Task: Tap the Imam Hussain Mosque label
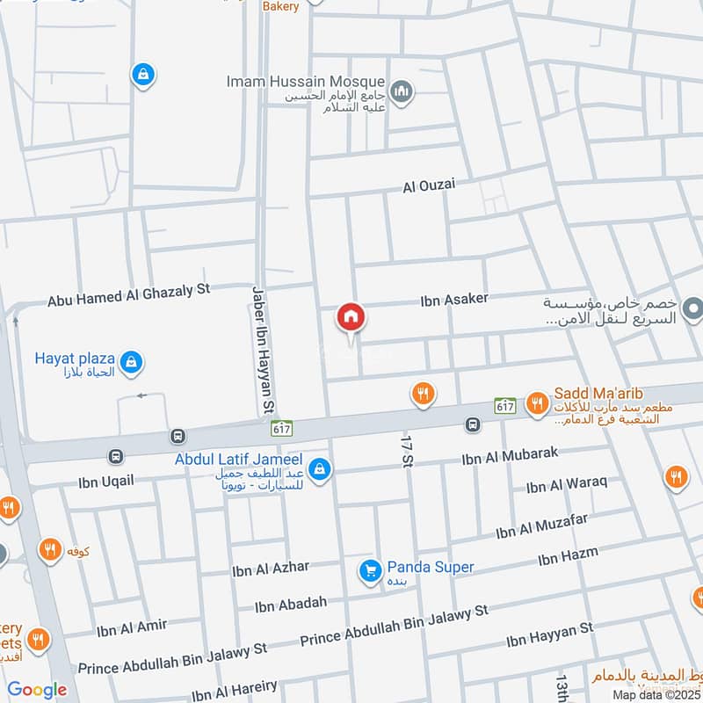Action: click(304, 81)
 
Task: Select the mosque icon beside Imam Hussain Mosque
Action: click(402, 91)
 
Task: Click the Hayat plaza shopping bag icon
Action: click(131, 361)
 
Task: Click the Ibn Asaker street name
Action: click(454, 300)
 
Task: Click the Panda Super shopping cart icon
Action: click(370, 571)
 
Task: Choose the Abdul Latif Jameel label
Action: click(238, 460)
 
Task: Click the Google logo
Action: click(37, 691)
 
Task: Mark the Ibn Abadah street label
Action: click(291, 604)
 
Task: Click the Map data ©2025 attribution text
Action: click(656, 694)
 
